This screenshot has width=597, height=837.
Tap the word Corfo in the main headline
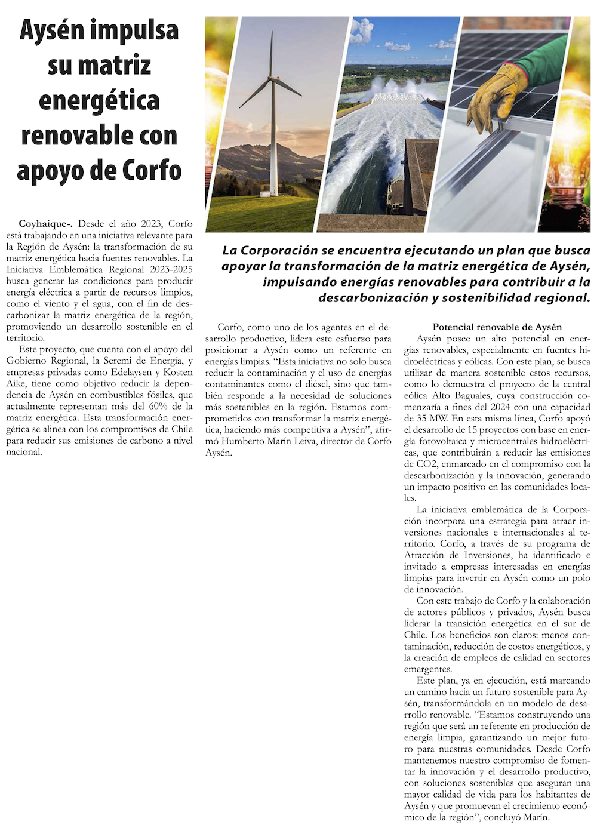click(152, 170)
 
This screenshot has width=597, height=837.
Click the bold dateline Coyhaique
click(45, 224)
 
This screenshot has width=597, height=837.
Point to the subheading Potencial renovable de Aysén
click(497, 327)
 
